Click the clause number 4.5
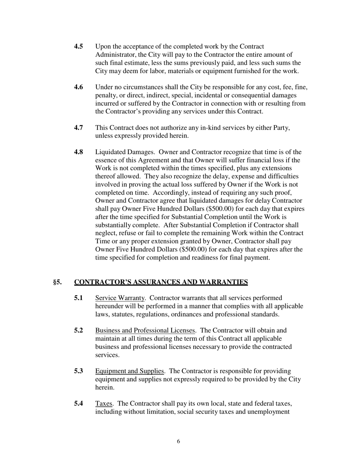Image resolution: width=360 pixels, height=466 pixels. pos(78,47)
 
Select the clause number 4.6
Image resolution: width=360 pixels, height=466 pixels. pos(78,88)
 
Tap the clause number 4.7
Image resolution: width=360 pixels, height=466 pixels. pos(78,128)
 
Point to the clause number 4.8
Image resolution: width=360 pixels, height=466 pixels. pos(78,152)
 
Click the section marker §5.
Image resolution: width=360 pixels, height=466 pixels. pos(57,282)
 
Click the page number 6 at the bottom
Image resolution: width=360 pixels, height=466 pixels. pos(178,441)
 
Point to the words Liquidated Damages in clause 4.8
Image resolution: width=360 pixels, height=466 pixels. pos(124,152)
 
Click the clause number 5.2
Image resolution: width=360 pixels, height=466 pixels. pos(78,330)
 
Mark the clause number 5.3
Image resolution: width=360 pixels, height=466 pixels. pos(78,371)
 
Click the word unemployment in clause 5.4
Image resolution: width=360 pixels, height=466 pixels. pos(269,412)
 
